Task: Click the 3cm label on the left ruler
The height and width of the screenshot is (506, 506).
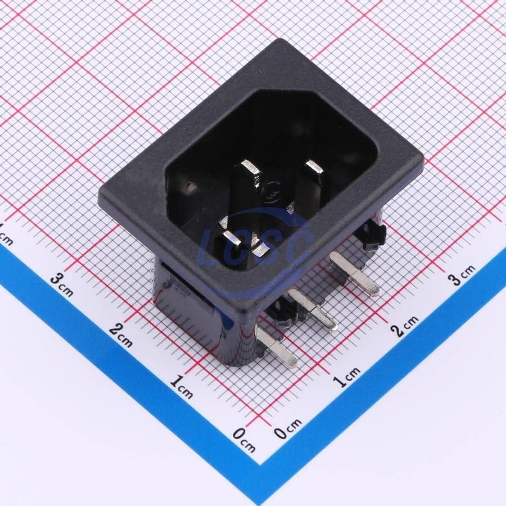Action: pyautogui.click(x=61, y=284)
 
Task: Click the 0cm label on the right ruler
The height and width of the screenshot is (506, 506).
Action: pyautogui.click(x=288, y=428)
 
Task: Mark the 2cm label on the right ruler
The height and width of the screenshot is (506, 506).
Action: pyautogui.click(x=404, y=326)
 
